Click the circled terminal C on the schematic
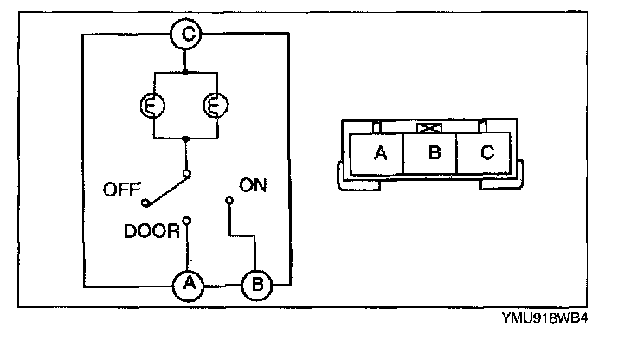pyautogui.click(x=186, y=34)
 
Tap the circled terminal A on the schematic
pyautogui.click(x=188, y=285)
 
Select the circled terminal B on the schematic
pyautogui.click(x=257, y=285)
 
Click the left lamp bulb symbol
pyautogui.click(x=152, y=106)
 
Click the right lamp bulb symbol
pyautogui.click(x=216, y=106)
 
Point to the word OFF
pyautogui.click(x=122, y=190)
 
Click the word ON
pyautogui.click(x=253, y=185)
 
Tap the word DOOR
pyautogui.click(x=151, y=231)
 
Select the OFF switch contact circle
pyautogui.click(x=145, y=202)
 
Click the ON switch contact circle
pyautogui.click(x=229, y=200)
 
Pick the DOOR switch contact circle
pyautogui.click(x=187, y=221)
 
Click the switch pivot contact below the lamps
pyautogui.click(x=187, y=174)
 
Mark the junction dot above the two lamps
pyautogui.click(x=185, y=73)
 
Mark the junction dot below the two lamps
pyautogui.click(x=185, y=138)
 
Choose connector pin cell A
pyautogui.click(x=376, y=153)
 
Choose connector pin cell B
pyautogui.click(x=430, y=153)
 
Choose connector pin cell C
pyautogui.click(x=484, y=153)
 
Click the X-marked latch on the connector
pyautogui.click(x=429, y=128)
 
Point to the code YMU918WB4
pyautogui.click(x=544, y=318)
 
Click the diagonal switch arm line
pyautogui.click(x=166, y=190)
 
